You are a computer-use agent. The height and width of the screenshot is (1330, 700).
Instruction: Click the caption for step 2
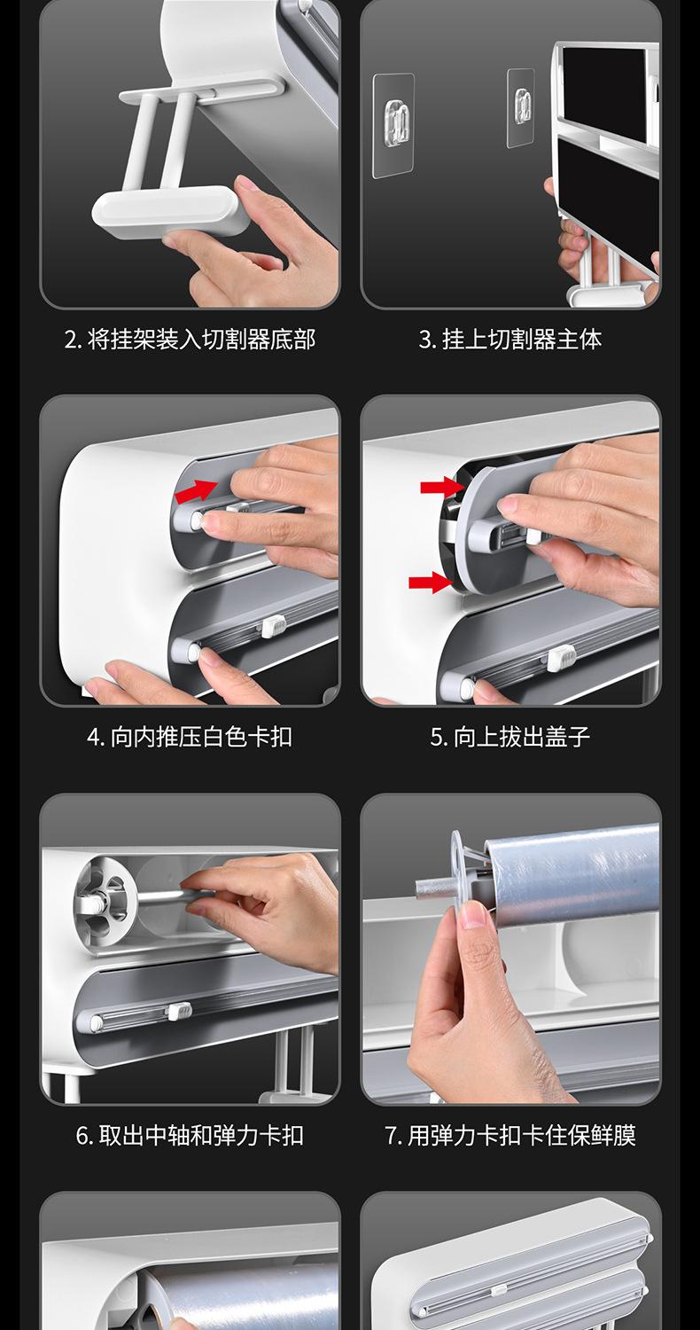(190, 340)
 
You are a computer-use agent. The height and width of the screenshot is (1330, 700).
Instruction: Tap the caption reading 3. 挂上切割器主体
(510, 340)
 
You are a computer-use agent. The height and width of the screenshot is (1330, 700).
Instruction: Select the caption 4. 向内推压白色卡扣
(190, 738)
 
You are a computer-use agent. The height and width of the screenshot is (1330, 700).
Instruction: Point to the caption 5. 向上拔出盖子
(510, 738)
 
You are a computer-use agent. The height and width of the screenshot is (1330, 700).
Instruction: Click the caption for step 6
(190, 1135)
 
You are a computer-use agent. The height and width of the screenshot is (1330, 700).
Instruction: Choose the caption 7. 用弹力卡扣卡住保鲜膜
(510, 1135)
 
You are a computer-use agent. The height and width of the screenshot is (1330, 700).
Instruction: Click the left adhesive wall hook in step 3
(393, 125)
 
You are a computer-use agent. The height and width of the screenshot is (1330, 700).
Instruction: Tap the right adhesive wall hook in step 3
(521, 108)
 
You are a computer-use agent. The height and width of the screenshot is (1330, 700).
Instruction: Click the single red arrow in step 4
(196, 491)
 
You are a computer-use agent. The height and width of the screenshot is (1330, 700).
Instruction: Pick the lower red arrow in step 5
(430, 583)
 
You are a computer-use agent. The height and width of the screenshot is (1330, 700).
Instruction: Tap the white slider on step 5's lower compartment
(561, 658)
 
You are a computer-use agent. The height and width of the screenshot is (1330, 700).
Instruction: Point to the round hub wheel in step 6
(101, 904)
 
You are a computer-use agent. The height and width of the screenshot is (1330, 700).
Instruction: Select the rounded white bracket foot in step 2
(169, 212)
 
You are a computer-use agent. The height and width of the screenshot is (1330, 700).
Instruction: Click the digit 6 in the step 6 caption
(82, 1136)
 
